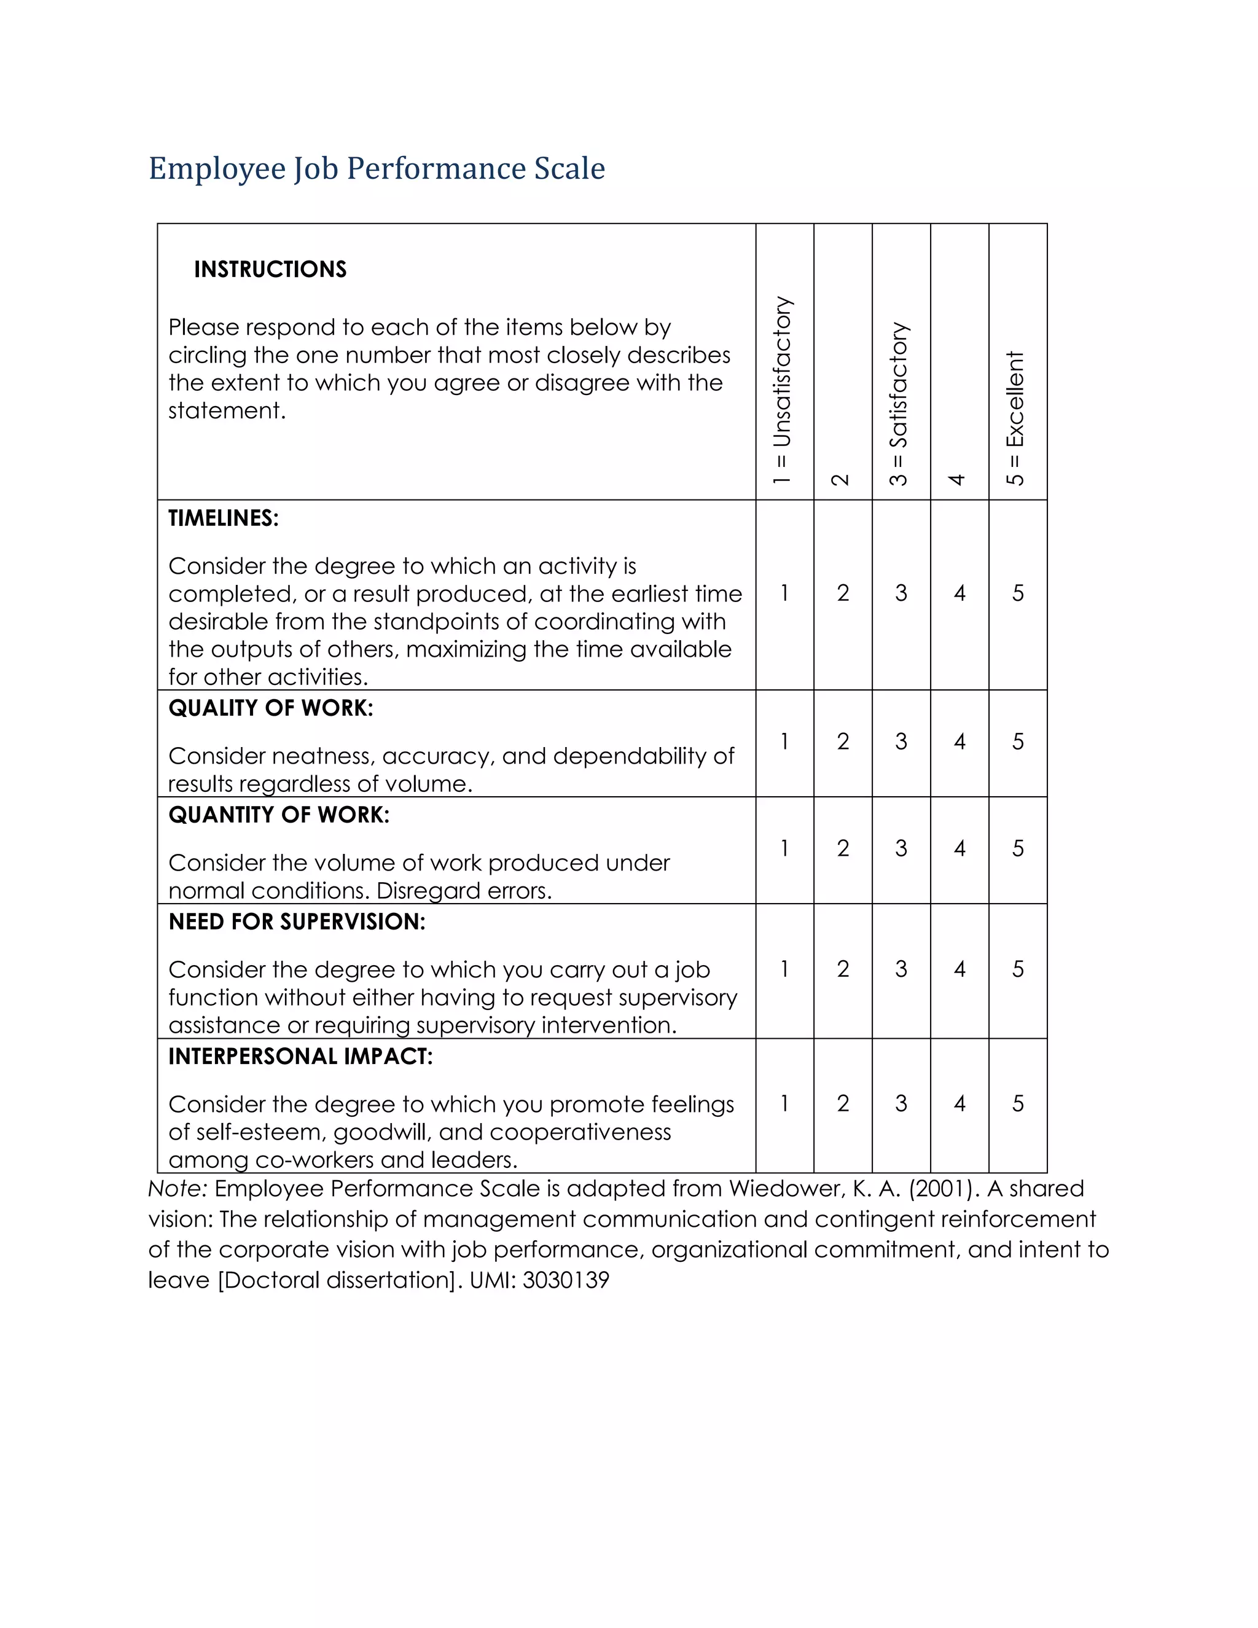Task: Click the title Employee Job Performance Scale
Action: (x=377, y=168)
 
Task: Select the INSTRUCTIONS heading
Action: (x=270, y=269)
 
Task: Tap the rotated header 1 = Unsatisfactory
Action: (x=782, y=391)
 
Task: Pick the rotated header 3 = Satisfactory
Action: (x=899, y=404)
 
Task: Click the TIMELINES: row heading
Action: (x=223, y=518)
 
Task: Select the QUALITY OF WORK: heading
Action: (x=270, y=707)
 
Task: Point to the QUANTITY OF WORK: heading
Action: (x=279, y=815)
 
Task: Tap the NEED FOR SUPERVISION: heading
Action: (x=297, y=922)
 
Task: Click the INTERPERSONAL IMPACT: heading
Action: (x=300, y=1056)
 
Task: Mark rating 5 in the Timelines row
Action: (x=1017, y=593)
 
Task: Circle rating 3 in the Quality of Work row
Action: (x=901, y=742)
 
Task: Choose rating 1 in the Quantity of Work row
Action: (x=784, y=848)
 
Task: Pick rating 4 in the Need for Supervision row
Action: (x=959, y=969)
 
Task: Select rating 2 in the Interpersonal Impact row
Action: (x=842, y=1103)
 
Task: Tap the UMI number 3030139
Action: (x=566, y=1280)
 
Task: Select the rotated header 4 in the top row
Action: (x=958, y=479)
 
